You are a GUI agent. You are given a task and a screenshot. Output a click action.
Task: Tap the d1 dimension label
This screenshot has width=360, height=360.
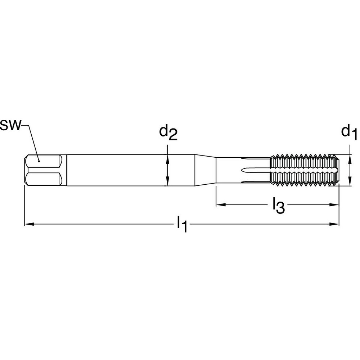[x=349, y=132]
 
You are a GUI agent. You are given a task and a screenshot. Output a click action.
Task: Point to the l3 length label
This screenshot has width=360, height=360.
[x=278, y=206]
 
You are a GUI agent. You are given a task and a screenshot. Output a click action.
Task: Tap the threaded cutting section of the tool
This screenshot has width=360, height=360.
[x=304, y=170]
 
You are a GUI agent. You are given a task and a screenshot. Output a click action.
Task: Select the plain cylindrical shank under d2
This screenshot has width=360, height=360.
[x=130, y=170]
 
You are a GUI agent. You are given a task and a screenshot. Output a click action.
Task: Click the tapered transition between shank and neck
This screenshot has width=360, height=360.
[x=205, y=170]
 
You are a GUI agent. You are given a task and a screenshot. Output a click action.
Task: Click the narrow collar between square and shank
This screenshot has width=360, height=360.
[x=64, y=170]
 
